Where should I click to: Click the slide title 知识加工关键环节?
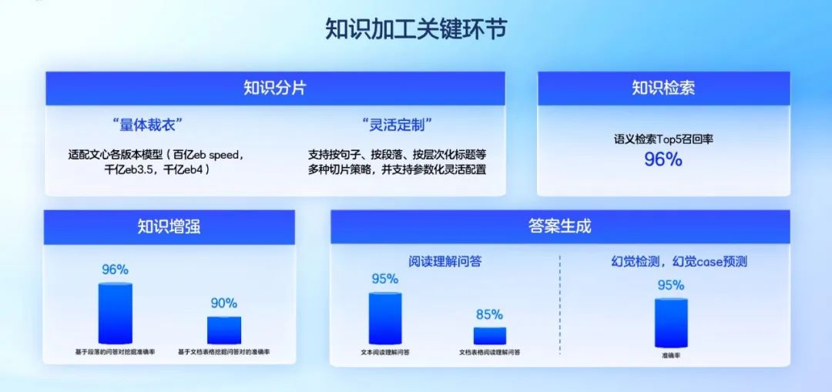click(416, 29)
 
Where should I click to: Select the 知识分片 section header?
click(274, 88)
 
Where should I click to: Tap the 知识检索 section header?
click(663, 88)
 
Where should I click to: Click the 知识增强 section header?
click(169, 226)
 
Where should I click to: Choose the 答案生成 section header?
click(559, 226)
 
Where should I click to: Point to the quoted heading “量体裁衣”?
click(147, 124)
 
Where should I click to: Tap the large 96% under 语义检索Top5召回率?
click(663, 159)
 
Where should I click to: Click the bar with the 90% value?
click(224, 330)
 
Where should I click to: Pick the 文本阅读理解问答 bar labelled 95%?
click(385, 318)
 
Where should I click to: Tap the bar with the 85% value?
click(490, 335)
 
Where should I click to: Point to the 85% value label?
click(490, 314)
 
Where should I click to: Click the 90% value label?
click(224, 303)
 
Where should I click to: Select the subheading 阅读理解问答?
click(445, 262)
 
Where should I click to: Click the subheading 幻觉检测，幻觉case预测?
click(674, 262)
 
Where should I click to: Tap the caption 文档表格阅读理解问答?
click(490, 353)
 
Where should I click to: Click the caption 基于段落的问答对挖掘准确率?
click(116, 353)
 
